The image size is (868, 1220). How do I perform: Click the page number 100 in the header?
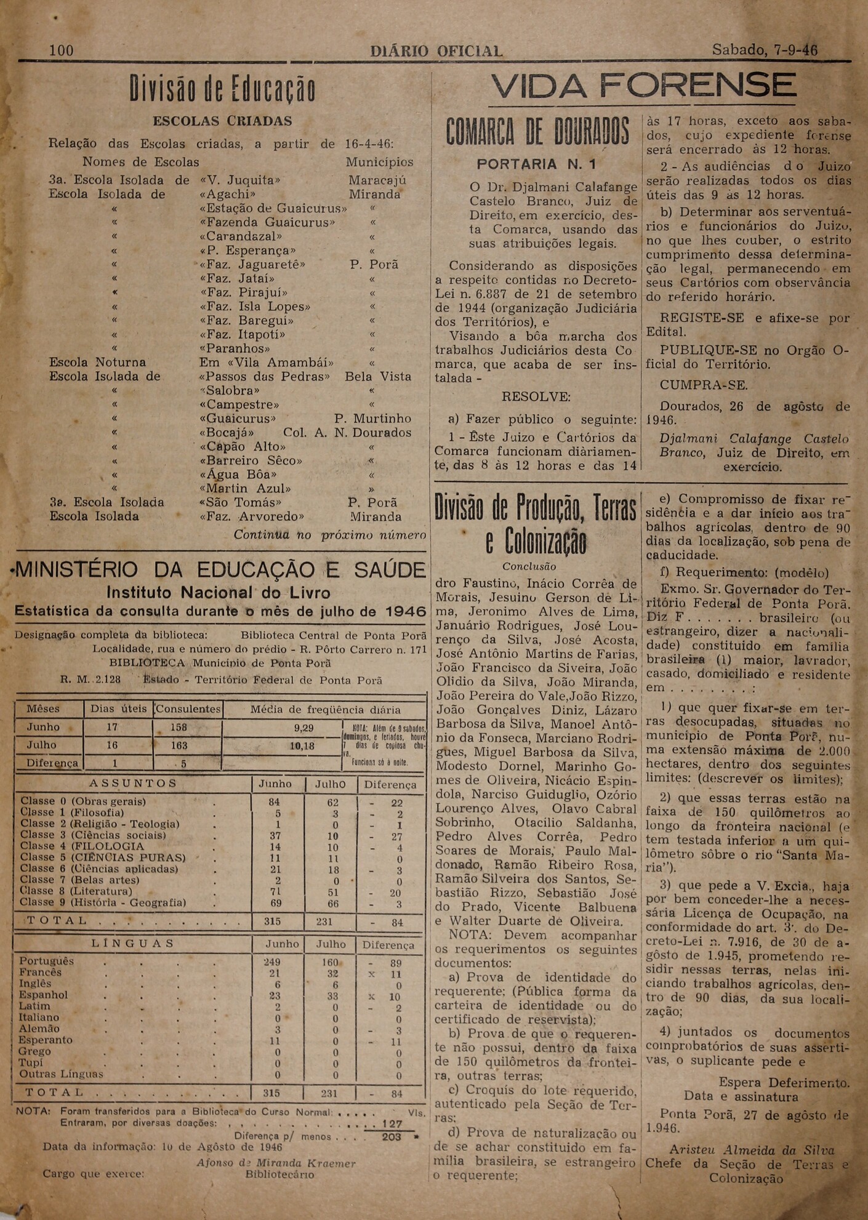click(61, 50)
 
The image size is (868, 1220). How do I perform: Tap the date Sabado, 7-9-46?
click(765, 50)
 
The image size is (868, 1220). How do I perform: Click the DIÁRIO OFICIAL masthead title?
click(436, 51)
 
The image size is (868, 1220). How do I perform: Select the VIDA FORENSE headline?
click(643, 86)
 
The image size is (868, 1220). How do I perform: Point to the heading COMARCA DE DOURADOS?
click(537, 133)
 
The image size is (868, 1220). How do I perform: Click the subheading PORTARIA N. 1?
click(536, 164)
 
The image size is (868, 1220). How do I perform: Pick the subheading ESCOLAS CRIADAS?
click(222, 121)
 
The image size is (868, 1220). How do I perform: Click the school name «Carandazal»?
click(241, 236)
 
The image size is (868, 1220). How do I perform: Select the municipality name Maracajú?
click(377, 180)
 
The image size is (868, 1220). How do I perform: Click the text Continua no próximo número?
click(329, 535)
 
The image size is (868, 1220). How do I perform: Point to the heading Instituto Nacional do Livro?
click(219, 593)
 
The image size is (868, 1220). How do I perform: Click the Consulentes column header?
click(188, 708)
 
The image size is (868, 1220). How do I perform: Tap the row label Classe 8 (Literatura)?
click(76, 891)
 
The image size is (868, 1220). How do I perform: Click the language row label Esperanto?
click(45, 1040)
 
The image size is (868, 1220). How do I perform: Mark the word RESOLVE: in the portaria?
click(536, 397)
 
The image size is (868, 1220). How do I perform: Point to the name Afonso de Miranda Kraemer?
click(276, 1163)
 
